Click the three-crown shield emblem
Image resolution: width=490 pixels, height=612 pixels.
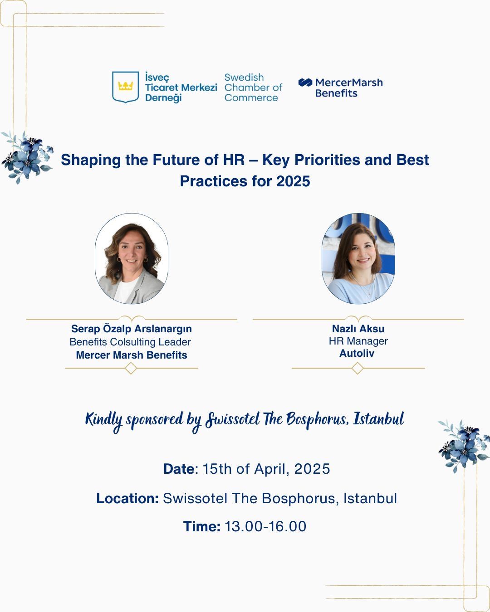pos(126,87)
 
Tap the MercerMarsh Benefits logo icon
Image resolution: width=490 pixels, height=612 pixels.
pos(305,83)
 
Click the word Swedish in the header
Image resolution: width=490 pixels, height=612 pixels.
pos(244,78)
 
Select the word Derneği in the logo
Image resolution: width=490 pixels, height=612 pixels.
pos(163,98)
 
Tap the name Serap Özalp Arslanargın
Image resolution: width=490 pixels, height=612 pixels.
pos(131,329)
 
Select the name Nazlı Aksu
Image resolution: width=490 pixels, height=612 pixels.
pos(358,329)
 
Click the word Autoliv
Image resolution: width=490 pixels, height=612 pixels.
pos(357,353)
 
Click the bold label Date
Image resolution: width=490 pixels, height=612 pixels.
pos(179,469)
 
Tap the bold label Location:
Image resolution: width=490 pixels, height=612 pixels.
pos(127,498)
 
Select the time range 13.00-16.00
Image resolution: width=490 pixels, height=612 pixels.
pos(265,526)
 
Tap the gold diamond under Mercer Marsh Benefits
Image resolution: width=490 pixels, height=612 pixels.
pos(131,368)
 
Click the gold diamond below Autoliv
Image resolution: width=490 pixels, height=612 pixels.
pos(358,368)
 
